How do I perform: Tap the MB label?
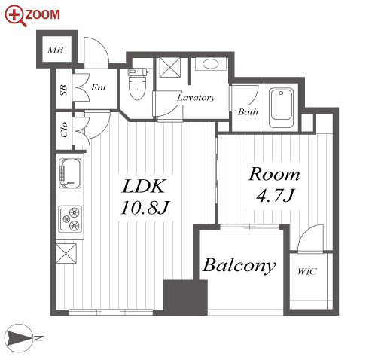tap(56, 50)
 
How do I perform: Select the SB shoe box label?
tap(64, 90)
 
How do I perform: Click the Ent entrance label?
tap(99, 87)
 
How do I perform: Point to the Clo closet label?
tap(64, 130)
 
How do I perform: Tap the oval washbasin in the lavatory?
tap(211, 64)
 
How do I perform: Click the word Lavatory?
tap(196, 98)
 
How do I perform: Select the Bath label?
tap(248, 111)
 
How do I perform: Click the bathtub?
tap(281, 108)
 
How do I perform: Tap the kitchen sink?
tap(70, 173)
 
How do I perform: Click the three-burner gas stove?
tap(70, 219)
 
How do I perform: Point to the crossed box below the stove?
tap(66, 253)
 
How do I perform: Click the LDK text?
tap(144, 186)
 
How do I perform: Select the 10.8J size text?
tap(145, 208)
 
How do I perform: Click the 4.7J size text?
tap(276, 195)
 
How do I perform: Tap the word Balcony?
tap(239, 265)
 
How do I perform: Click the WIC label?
tap(307, 271)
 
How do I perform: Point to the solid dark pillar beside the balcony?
tap(185, 297)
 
